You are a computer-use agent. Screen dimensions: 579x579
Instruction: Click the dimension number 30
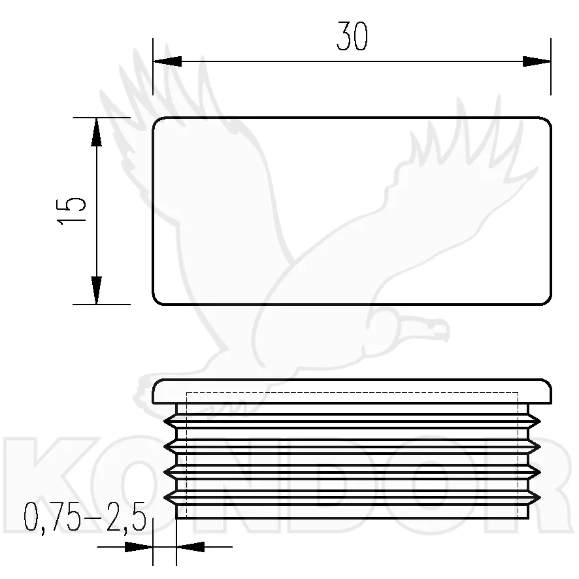click(352, 36)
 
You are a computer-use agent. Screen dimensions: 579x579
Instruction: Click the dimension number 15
click(71, 211)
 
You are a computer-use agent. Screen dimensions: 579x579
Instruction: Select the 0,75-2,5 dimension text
click(85, 517)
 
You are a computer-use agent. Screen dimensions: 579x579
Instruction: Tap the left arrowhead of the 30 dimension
click(167, 61)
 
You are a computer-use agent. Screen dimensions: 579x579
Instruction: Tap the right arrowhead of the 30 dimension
click(537, 61)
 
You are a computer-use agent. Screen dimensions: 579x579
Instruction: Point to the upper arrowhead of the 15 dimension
click(96, 131)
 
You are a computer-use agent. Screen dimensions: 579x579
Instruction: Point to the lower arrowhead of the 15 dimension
click(96, 290)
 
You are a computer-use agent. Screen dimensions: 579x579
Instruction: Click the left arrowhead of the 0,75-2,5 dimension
click(139, 547)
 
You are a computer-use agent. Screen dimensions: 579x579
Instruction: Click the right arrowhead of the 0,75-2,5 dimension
click(191, 547)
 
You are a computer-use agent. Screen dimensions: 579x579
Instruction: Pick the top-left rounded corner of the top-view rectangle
click(156, 122)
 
